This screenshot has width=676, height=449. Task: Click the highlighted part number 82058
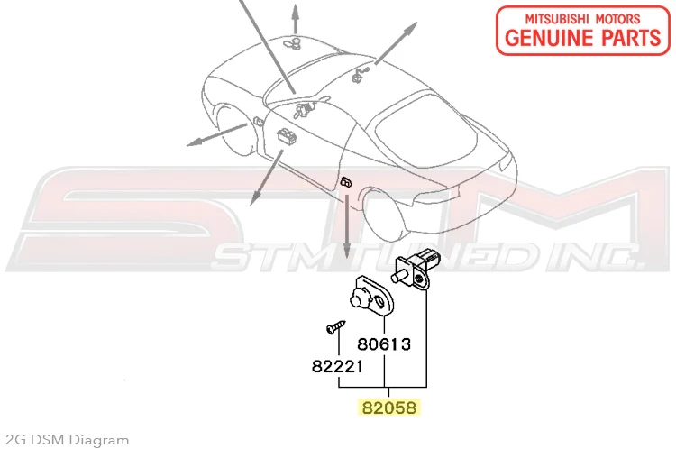click(x=388, y=408)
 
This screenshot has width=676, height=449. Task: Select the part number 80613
click(x=384, y=344)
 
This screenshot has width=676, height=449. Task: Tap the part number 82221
click(x=337, y=367)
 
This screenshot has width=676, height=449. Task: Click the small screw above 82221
click(x=336, y=326)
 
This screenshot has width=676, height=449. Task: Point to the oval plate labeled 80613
click(x=370, y=296)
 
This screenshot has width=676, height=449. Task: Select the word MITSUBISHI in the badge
click(x=556, y=19)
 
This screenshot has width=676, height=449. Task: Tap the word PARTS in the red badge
click(x=631, y=38)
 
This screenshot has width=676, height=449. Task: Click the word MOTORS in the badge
click(x=617, y=19)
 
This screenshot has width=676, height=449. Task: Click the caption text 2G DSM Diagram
click(x=68, y=440)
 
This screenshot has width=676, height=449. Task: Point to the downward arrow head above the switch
click(x=347, y=251)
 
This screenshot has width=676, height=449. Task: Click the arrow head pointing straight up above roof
click(x=295, y=10)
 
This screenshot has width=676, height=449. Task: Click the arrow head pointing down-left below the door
click(x=254, y=199)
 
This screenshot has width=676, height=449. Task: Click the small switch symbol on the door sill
click(x=346, y=181)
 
